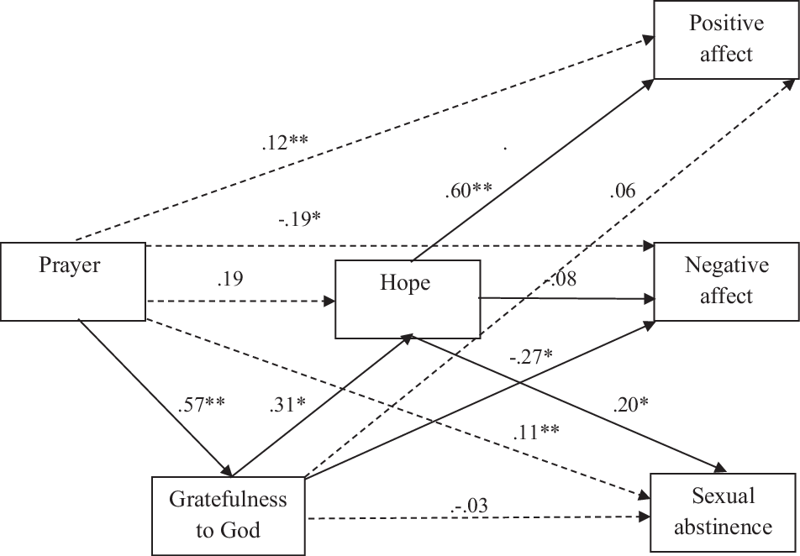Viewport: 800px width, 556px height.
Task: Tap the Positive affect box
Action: click(726, 39)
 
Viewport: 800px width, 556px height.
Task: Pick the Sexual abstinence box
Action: click(723, 511)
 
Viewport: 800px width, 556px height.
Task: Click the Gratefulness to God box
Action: click(228, 515)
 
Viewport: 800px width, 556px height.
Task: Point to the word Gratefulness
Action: click(228, 501)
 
